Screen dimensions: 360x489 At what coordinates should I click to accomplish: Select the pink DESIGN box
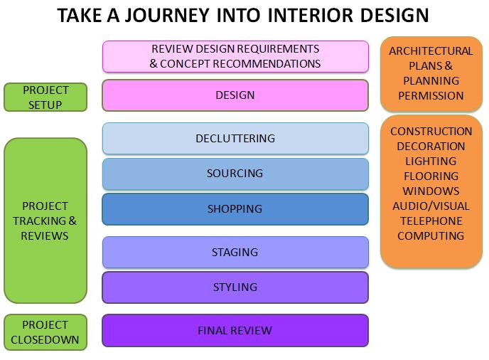(235, 95)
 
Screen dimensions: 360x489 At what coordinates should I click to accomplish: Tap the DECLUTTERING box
(235, 138)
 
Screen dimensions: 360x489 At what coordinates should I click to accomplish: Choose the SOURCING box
(235, 174)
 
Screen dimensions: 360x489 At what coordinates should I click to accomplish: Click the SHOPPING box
(235, 209)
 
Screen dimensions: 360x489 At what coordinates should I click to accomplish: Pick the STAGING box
(235, 252)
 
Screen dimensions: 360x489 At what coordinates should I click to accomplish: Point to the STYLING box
(235, 287)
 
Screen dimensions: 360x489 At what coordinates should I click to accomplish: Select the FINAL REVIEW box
(235, 330)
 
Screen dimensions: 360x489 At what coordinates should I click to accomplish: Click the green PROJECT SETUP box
(45, 97)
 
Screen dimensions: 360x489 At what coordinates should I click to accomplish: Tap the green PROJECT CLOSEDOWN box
(45, 332)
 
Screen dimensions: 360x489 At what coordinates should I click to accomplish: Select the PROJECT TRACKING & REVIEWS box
(45, 221)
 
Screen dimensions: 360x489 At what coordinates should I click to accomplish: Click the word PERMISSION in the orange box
(431, 96)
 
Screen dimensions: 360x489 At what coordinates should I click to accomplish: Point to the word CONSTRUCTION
(431, 132)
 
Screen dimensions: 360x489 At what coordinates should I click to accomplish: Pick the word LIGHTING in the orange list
(431, 162)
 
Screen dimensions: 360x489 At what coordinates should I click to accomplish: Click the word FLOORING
(431, 176)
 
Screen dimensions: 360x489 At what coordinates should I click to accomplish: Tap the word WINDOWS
(431, 191)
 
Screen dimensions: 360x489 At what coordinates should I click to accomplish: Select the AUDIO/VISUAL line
(431, 206)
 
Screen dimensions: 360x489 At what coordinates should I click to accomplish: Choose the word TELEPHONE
(431, 221)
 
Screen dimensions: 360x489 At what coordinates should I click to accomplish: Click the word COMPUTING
(431, 236)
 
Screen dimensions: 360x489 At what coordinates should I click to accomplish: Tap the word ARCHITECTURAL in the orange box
(431, 51)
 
